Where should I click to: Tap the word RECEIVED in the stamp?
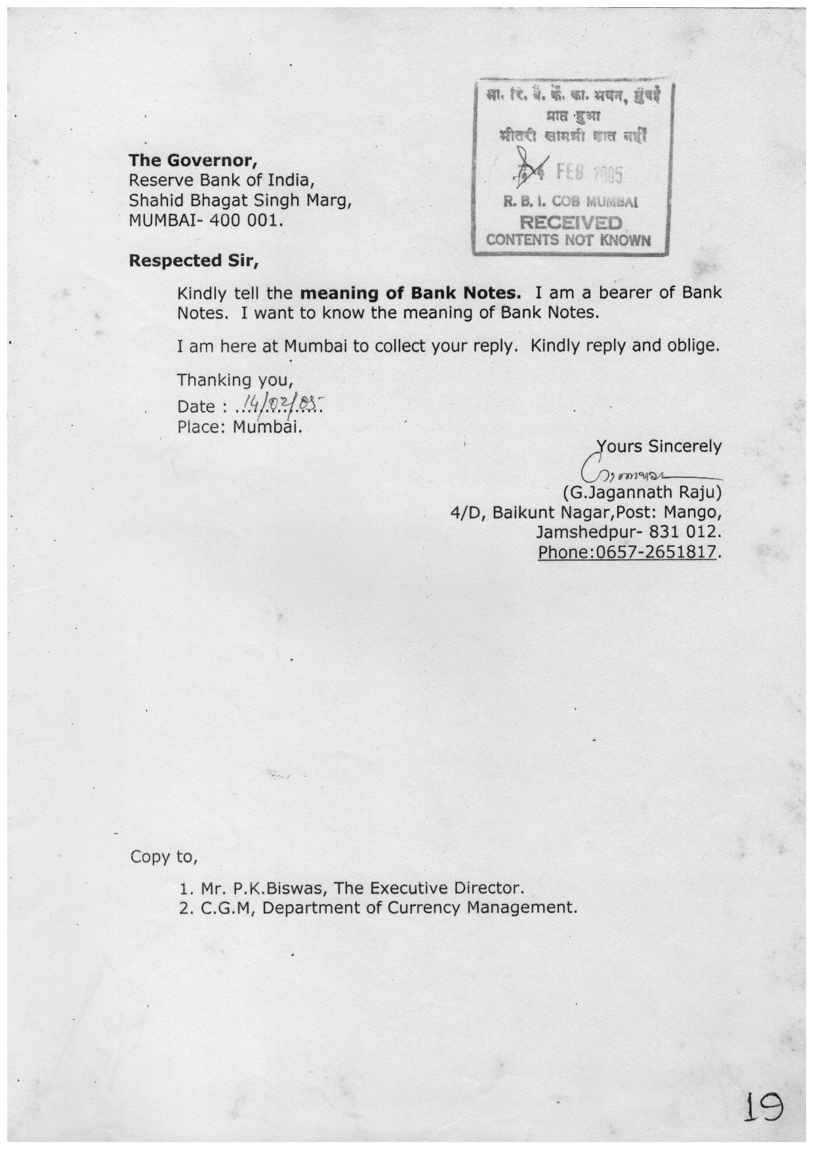tap(570, 223)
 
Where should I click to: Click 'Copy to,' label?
tap(164, 857)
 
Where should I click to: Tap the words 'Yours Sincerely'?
tap(659, 446)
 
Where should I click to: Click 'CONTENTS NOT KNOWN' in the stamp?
tap(569, 240)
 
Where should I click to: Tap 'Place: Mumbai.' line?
tap(239, 427)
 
